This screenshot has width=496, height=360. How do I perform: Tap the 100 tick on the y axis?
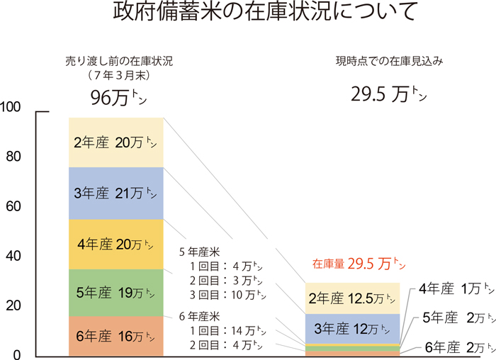14,107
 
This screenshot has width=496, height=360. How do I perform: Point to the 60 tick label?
15,207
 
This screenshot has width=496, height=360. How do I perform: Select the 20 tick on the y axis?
15,306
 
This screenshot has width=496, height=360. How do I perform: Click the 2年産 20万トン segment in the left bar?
116,142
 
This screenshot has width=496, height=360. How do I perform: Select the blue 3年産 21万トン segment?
116,193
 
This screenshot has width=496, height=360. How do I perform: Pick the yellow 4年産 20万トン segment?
116,244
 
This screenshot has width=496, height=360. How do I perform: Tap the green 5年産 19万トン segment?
116,293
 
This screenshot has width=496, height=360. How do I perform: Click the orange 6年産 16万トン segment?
116,336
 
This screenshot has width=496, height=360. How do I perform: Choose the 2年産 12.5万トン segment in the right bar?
352,298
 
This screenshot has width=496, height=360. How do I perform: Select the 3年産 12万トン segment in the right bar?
352,328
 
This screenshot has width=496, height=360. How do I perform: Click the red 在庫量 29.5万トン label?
359,264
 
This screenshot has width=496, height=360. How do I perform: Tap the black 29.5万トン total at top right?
389,93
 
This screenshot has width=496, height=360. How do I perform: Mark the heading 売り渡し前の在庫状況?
118,61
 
